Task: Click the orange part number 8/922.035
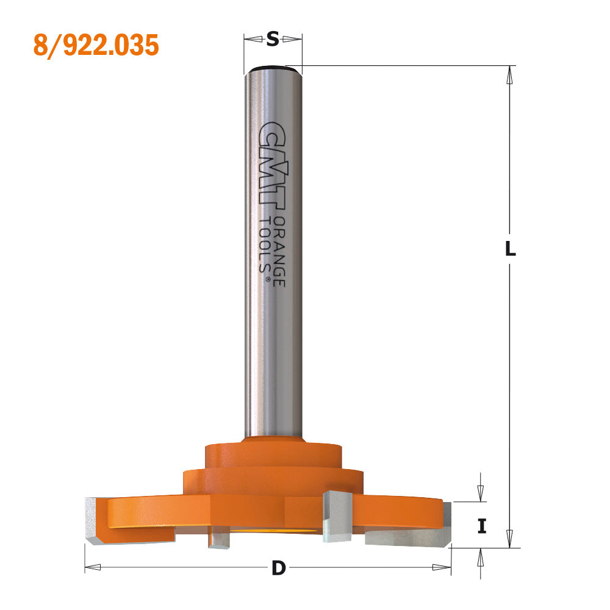point(96,46)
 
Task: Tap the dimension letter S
point(273,39)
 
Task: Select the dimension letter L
point(510,249)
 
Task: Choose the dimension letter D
point(279,569)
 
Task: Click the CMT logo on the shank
point(272,163)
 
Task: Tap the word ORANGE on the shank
point(280,252)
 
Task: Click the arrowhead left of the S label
point(253,39)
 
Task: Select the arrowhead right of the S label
point(292,39)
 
